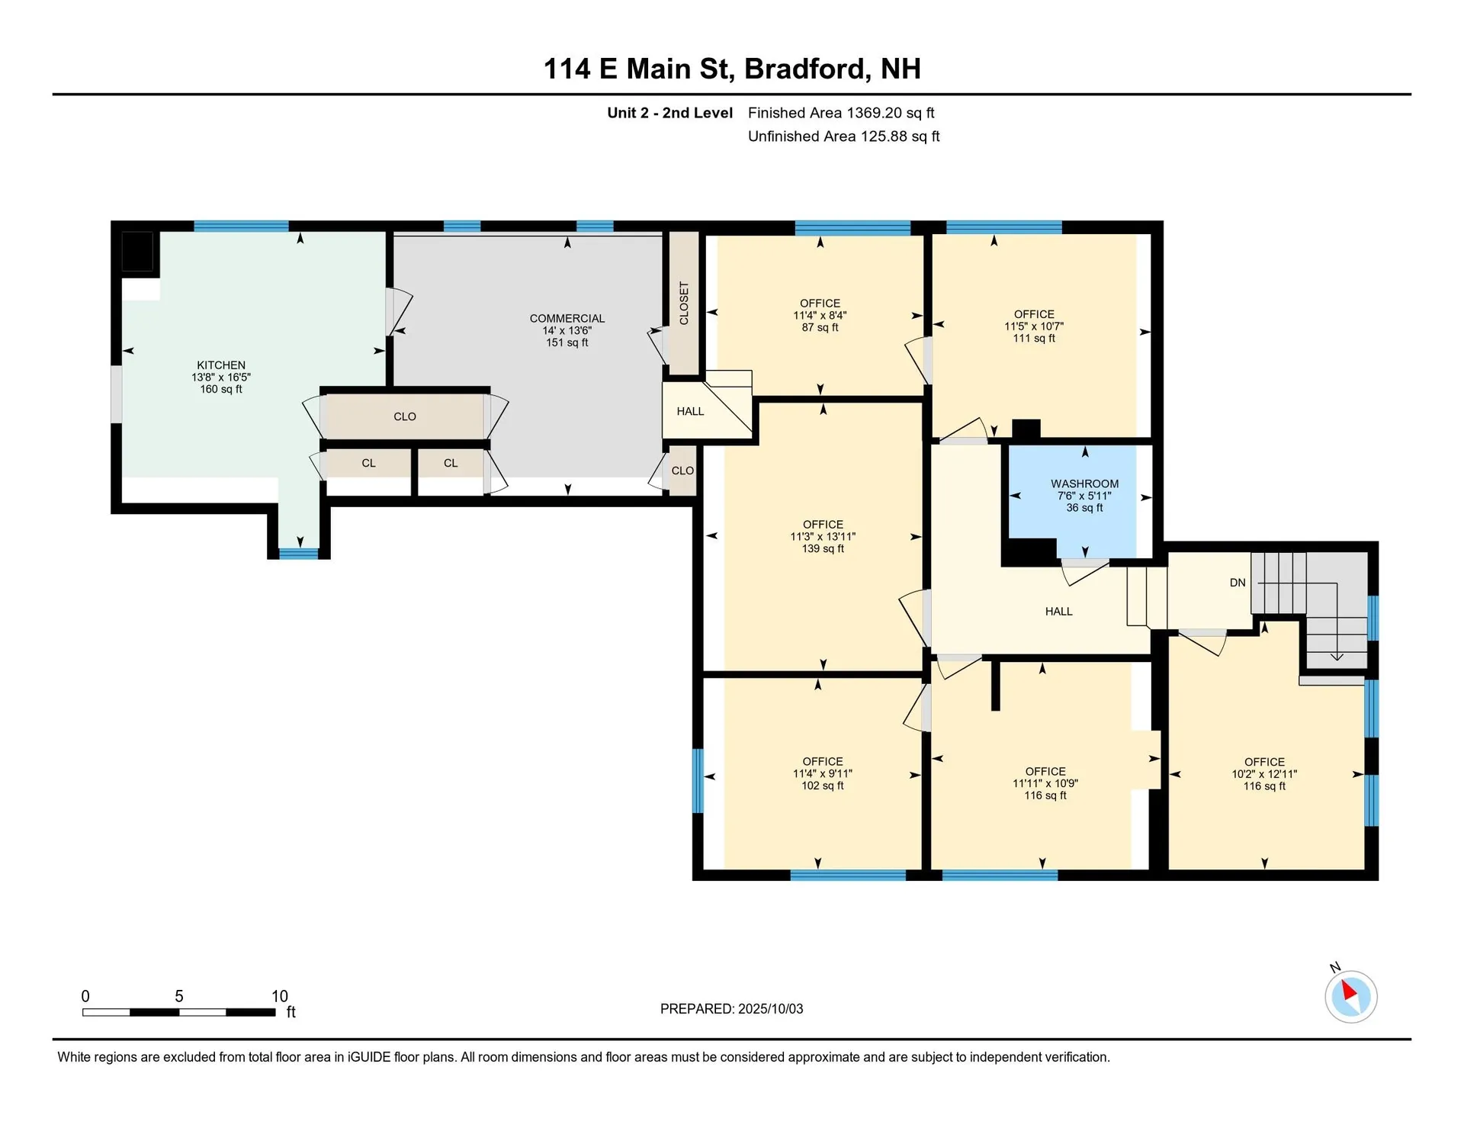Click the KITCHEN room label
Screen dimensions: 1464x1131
pyautogui.click(x=221, y=365)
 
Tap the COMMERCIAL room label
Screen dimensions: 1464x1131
pyautogui.click(x=567, y=319)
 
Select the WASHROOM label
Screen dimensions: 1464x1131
pyautogui.click(x=1084, y=484)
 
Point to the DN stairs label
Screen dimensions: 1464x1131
pyautogui.click(x=1238, y=583)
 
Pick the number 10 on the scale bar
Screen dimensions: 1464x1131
pyautogui.click(x=280, y=996)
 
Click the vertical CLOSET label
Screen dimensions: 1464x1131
pyautogui.click(x=684, y=304)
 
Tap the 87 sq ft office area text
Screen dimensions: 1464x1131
pyautogui.click(x=820, y=328)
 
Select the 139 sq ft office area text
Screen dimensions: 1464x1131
pyautogui.click(x=823, y=549)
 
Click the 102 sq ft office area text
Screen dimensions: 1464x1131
pyautogui.click(x=823, y=786)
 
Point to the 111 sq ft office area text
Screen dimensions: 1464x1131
pyautogui.click(x=1034, y=339)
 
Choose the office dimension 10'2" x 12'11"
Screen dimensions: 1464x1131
pyautogui.click(x=1264, y=774)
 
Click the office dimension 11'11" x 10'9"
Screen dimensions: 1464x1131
pyautogui.click(x=1045, y=784)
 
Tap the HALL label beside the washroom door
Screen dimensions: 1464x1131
pyautogui.click(x=1058, y=612)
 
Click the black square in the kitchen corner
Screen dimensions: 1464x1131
pyautogui.click(x=138, y=252)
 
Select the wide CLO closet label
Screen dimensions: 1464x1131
pyautogui.click(x=405, y=417)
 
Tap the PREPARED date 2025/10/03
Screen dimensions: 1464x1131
pyautogui.click(x=771, y=1009)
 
